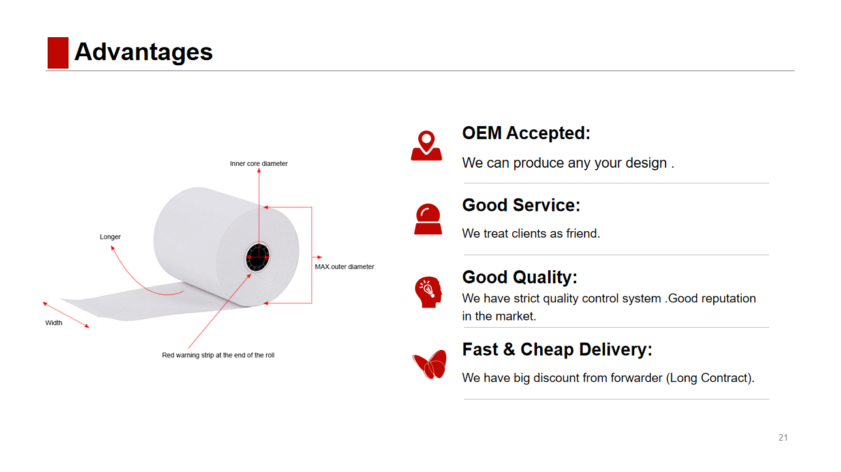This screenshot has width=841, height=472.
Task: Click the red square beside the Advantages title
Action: coord(58,53)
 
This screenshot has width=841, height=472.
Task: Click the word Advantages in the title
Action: coord(144,52)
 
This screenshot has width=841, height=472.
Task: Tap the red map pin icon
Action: coord(426,146)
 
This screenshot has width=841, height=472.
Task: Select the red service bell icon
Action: coord(428,219)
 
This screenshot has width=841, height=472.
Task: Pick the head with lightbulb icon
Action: coord(428,292)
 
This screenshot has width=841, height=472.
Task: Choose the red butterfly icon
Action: coord(429,364)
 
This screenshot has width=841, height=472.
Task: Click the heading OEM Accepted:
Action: coord(526,133)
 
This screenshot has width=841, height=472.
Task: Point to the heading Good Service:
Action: coord(521,205)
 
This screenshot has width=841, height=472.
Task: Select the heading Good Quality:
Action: coord(519,277)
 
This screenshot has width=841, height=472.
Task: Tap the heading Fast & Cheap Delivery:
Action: coord(557,350)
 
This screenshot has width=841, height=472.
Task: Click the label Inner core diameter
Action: coord(258,164)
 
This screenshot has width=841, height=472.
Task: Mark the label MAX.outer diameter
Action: coord(344,267)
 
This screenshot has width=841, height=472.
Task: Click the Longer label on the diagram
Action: coord(110,237)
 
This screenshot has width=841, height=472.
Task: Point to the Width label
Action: coord(54,323)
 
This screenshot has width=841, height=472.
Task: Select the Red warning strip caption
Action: coord(218,356)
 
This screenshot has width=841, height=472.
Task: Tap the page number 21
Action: coord(783,437)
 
